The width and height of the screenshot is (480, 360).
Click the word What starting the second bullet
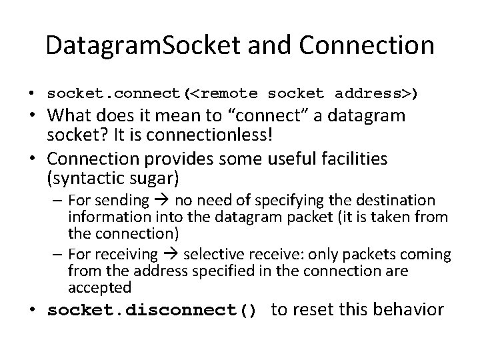tap(69, 115)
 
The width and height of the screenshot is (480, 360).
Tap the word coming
tap(430, 255)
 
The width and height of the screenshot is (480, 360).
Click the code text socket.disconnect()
tap(152, 311)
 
